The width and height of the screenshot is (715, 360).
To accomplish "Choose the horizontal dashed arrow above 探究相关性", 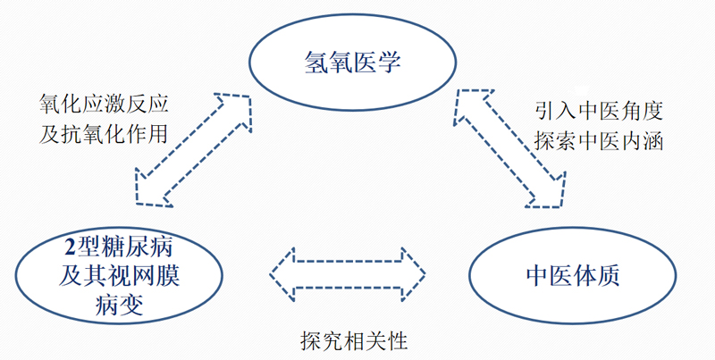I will [x=347, y=272].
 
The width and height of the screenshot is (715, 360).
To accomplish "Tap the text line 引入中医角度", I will [x=596, y=111].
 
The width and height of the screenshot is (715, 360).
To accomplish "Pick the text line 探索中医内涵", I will [x=596, y=139].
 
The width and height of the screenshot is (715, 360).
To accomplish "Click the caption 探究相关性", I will [x=355, y=340].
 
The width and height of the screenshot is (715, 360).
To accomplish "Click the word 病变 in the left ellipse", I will [x=118, y=306].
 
